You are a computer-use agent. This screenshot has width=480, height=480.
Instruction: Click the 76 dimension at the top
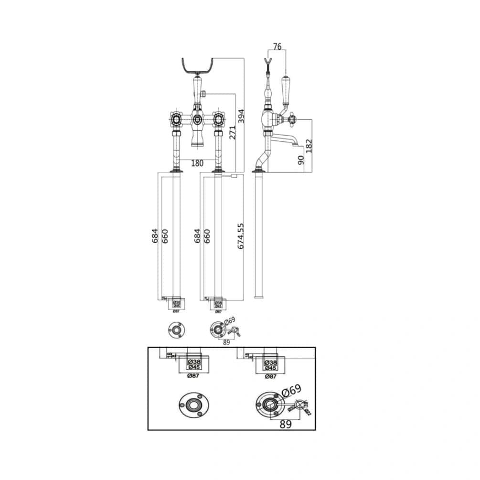pyautogui.click(x=277, y=47)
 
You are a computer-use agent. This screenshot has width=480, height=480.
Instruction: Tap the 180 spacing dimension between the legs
pyautogui.click(x=197, y=163)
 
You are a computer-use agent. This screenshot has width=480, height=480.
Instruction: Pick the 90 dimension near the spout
pyautogui.click(x=300, y=160)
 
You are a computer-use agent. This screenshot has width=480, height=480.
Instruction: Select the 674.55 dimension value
pyautogui.click(x=241, y=236)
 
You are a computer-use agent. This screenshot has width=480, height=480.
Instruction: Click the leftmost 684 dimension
pyautogui.click(x=155, y=236)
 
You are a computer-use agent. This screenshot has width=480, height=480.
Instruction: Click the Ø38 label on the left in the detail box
pyautogui.click(x=194, y=362)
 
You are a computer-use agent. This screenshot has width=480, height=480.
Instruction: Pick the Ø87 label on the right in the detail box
pyautogui.click(x=271, y=376)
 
